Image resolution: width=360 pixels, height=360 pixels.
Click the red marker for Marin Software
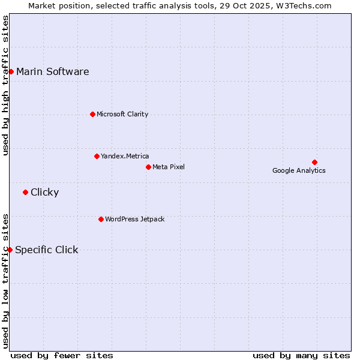point(11,72)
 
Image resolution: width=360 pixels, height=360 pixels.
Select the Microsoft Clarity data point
point(92,114)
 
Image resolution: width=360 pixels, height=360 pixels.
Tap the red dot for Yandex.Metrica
point(97,156)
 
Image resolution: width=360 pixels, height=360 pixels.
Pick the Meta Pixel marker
point(148,167)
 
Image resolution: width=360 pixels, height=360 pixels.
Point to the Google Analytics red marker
point(314,162)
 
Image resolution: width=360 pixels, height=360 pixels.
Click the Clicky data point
point(25,192)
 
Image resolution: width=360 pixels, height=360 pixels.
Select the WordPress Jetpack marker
point(101,219)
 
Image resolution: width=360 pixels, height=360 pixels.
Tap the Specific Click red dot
point(10,250)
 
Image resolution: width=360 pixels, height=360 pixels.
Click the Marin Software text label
point(53,72)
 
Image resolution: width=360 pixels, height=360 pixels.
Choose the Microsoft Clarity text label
point(122,114)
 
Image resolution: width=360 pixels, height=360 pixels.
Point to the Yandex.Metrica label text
point(125,156)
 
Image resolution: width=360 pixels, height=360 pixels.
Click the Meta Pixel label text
point(169,167)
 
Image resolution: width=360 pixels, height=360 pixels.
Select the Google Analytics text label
point(299,170)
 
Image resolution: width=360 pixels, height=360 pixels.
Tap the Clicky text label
point(45,193)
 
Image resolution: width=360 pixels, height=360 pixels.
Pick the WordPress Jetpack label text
point(134,219)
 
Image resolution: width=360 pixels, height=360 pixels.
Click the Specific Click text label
point(47,250)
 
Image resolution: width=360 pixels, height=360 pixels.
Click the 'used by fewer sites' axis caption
point(62,355)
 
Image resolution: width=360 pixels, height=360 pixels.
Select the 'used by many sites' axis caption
point(301,355)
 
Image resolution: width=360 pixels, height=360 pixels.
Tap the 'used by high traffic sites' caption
point(5,85)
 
